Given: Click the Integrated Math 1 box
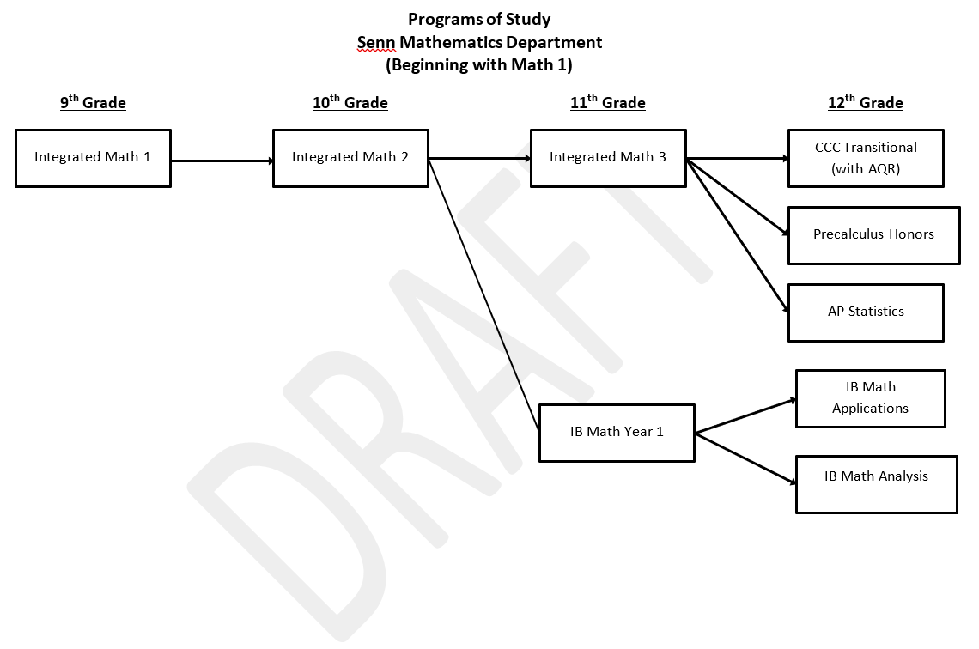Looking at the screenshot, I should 93,158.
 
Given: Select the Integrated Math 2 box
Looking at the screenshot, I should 350,158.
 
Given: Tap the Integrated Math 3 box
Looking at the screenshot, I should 608,158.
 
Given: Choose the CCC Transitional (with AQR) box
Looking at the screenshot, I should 866,158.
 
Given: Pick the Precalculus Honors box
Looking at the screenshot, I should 873,234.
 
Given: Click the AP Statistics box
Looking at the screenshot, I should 866,312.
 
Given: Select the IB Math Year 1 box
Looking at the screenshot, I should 617,432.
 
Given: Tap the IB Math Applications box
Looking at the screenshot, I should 870,398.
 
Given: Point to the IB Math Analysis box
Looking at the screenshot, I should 876,484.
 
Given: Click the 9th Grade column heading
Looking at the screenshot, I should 93,103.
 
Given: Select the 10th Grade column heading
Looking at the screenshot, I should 350,103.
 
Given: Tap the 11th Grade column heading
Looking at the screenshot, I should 608,103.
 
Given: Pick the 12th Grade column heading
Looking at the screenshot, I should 866,103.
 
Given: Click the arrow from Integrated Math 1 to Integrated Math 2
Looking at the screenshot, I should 222,161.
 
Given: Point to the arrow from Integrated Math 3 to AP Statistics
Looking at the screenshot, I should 737,235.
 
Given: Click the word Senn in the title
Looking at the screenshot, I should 374,42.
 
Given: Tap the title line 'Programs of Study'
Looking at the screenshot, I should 479,19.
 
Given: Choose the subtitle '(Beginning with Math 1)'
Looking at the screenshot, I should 479,64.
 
